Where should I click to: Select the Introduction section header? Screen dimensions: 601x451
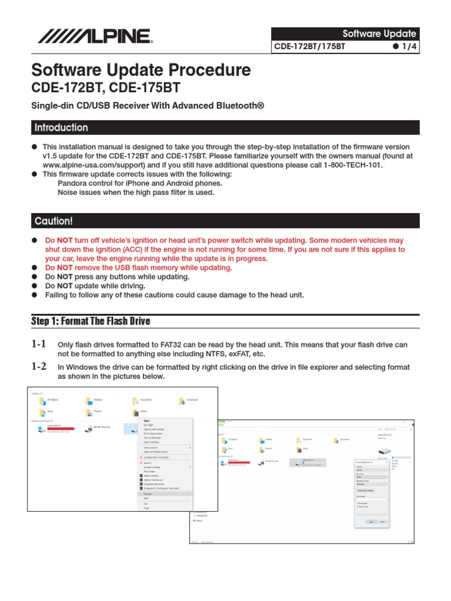click(61, 128)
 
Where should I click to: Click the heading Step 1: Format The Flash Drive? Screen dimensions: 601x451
click(90, 321)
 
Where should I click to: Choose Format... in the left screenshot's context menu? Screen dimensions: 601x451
click(149, 494)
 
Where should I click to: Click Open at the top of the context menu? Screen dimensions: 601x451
click(147, 421)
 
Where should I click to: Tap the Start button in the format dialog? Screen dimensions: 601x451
click(371, 521)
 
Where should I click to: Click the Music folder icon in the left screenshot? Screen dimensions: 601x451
click(42, 413)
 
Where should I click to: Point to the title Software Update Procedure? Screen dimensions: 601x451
click(141, 70)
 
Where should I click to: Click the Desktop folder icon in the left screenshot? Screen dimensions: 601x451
click(88, 401)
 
